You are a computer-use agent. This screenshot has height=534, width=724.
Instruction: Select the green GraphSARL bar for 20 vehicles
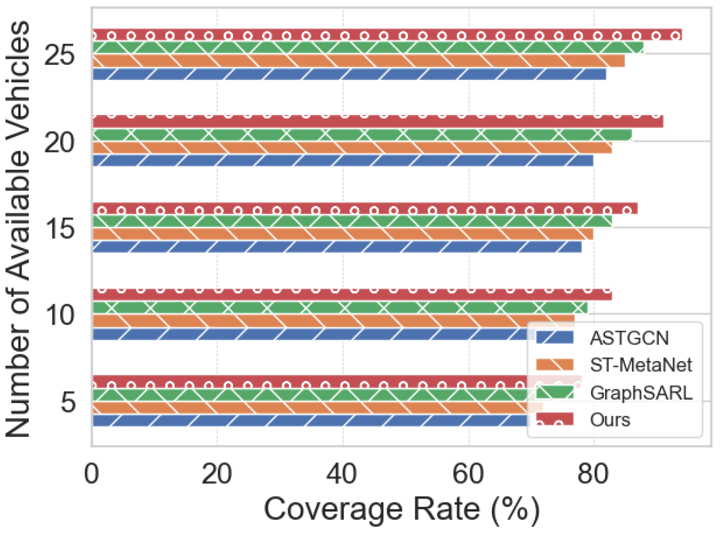[x=362, y=135]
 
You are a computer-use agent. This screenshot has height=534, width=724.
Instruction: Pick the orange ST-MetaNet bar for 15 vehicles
[x=343, y=234]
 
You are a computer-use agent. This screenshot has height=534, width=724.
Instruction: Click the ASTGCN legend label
[x=629, y=338]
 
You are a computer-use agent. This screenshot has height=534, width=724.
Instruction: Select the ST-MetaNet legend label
[x=641, y=365]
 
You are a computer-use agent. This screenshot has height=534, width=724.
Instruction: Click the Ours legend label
[x=610, y=420]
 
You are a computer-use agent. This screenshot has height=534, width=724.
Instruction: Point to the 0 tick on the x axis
[x=91, y=474]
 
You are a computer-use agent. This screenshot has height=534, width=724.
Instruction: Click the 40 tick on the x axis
[x=342, y=474]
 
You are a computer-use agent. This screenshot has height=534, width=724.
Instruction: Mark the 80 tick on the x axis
[x=593, y=474]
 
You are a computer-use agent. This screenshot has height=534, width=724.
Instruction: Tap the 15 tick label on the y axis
[x=59, y=229]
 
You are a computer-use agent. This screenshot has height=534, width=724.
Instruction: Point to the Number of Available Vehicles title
[x=18, y=229]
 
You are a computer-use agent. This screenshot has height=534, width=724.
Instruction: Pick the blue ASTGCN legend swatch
[x=554, y=338]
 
